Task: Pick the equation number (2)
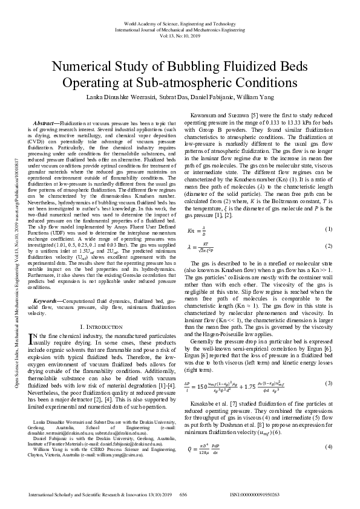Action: tap(329, 246)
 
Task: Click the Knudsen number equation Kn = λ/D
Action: tap(200, 230)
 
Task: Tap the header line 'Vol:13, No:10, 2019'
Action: tap(180, 35)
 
